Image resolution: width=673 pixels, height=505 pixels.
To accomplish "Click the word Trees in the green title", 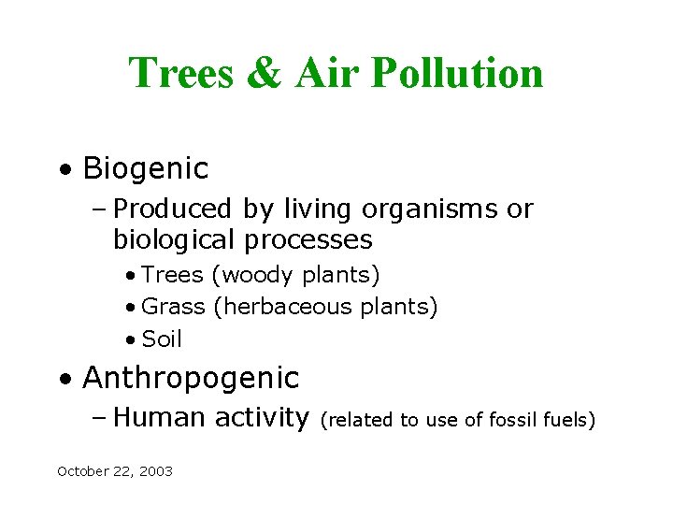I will tap(179, 73).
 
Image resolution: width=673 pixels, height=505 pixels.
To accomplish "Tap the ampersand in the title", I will tap(264, 73).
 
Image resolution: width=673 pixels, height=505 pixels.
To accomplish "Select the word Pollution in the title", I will tap(456, 73).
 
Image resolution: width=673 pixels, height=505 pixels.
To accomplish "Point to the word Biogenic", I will tap(145, 169).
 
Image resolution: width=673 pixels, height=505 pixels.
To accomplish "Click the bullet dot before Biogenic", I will tap(63, 170).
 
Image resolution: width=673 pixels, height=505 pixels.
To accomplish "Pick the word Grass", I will tap(173, 307).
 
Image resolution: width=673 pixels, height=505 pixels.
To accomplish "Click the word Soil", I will tap(162, 339).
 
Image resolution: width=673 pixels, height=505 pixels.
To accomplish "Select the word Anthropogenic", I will tap(191, 378).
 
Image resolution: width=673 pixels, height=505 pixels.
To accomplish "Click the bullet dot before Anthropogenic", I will tap(63, 379).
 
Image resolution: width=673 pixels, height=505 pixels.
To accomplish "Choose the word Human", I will tap(160, 417).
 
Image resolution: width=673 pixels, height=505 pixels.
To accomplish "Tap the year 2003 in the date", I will tap(156, 471).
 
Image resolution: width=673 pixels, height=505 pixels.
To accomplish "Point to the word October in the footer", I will tap(81, 471).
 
